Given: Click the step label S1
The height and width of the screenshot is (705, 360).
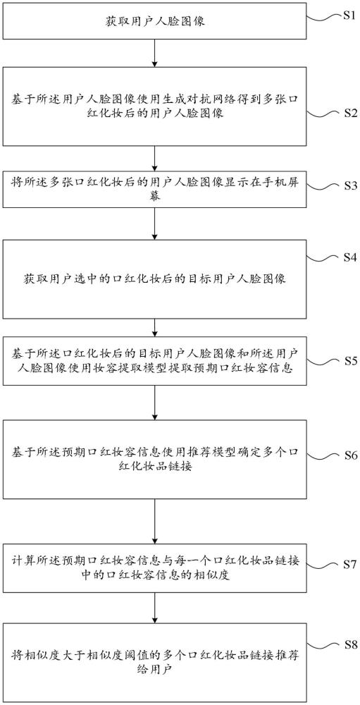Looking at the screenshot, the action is [x=347, y=16].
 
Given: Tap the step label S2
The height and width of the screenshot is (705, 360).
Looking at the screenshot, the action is [x=347, y=113].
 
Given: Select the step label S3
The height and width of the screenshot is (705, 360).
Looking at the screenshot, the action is [x=347, y=185].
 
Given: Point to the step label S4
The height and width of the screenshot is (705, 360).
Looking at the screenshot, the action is [x=347, y=257].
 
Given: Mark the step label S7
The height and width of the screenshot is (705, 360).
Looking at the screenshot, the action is [x=347, y=563].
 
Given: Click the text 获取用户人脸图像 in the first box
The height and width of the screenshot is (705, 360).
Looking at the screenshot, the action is [x=156, y=21].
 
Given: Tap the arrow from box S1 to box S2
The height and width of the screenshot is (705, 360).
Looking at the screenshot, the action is [x=154, y=53].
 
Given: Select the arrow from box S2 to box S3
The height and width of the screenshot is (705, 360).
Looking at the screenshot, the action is [x=154, y=159].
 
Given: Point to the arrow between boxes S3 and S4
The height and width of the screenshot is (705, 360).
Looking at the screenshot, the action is [x=154, y=224].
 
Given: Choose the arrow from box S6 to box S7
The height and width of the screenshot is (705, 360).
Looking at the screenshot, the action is [x=154, y=518].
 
